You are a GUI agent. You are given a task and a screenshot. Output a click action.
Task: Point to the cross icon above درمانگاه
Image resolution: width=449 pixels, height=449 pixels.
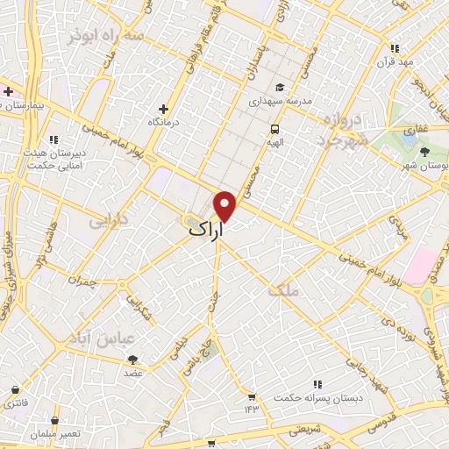point(163,108)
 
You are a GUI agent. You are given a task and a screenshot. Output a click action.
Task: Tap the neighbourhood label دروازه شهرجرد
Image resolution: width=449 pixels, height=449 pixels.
point(331,128)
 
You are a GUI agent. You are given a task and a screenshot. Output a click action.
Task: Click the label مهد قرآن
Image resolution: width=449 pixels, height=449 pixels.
point(395,62)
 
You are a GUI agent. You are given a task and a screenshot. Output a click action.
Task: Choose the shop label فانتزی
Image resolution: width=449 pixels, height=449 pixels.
point(16,404)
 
